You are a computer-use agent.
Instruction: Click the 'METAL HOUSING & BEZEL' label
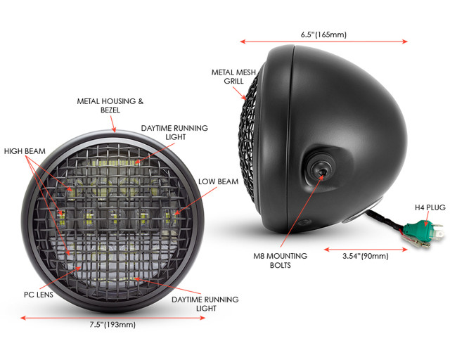point(110,105)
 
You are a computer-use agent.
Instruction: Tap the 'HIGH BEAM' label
point(25,150)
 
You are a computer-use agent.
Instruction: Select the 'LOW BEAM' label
point(218,181)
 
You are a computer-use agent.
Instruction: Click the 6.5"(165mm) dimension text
point(323,34)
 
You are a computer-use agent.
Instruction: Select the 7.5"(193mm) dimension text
point(112,324)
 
